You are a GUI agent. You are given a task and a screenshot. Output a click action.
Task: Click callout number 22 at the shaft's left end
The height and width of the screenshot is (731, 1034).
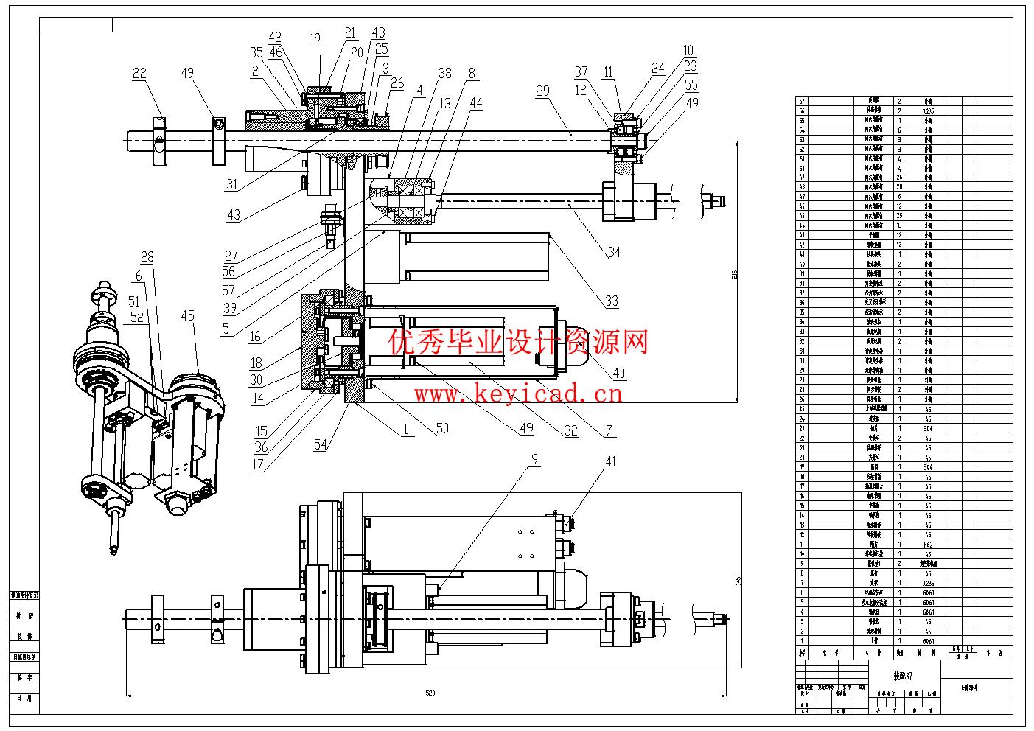pyautogui.click(x=139, y=73)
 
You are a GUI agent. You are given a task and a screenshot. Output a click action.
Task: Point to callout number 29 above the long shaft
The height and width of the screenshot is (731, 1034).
pyautogui.click(x=543, y=91)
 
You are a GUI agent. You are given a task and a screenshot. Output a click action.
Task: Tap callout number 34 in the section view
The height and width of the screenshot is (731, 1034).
pyautogui.click(x=614, y=252)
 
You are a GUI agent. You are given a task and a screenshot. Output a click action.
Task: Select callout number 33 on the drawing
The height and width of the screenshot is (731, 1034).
pyautogui.click(x=611, y=300)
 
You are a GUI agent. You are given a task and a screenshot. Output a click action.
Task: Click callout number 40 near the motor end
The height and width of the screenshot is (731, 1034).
pyautogui.click(x=618, y=373)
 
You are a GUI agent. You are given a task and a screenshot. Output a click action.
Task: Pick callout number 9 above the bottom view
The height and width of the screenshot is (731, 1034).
pyautogui.click(x=534, y=459)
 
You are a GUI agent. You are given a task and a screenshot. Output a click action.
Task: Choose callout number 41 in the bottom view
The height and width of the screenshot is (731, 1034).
pyautogui.click(x=611, y=462)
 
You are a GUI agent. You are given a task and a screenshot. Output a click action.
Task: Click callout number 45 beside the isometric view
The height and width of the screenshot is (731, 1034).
pyautogui.click(x=188, y=316)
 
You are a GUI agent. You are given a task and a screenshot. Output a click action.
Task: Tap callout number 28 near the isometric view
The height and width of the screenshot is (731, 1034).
pyautogui.click(x=147, y=256)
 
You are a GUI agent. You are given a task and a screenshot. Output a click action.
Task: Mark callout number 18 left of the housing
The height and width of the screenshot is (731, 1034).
pyautogui.click(x=256, y=362)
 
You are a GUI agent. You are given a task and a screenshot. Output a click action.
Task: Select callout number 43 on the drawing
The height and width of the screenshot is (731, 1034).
pyautogui.click(x=234, y=215)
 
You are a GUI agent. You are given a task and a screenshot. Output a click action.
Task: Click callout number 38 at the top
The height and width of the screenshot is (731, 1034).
pyautogui.click(x=445, y=73)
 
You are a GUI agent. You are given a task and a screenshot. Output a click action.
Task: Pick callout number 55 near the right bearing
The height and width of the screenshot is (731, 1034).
pyautogui.click(x=691, y=85)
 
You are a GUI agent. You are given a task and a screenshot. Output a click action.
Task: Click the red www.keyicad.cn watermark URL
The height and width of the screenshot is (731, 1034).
pyautogui.click(x=518, y=394)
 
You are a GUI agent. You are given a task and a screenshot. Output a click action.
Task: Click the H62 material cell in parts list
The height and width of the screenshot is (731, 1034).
pyautogui.click(x=928, y=545)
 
